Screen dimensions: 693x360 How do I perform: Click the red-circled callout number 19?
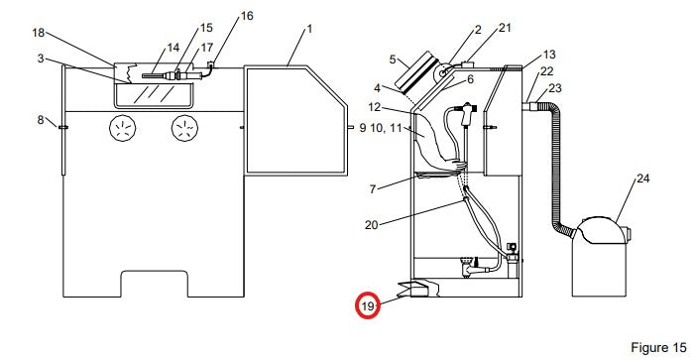point(368,305)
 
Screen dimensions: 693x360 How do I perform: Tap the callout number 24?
point(643,179)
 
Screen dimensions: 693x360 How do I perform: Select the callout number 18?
point(39,33)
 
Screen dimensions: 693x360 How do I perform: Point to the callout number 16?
point(247,16)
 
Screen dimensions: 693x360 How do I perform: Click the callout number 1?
point(309,29)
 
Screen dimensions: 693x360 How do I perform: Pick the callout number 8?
point(41,119)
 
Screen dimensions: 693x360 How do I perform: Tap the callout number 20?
point(371,225)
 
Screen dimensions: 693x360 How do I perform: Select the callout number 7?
point(373,189)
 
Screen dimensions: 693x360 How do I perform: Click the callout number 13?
point(549,55)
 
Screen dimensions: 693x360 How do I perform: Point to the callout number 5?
point(393,59)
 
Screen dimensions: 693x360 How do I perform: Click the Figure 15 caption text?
point(658,348)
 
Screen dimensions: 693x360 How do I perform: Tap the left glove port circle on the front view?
point(122,128)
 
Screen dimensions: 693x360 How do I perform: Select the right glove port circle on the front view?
point(184,128)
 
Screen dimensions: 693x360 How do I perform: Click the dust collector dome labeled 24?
point(600,230)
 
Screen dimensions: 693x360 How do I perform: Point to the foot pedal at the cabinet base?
point(418,289)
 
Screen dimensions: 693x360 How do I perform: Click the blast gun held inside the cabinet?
point(467,114)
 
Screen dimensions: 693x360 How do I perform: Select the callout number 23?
point(554,88)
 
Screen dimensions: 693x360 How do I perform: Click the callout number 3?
point(41,59)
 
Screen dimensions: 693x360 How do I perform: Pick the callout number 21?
point(505,28)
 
